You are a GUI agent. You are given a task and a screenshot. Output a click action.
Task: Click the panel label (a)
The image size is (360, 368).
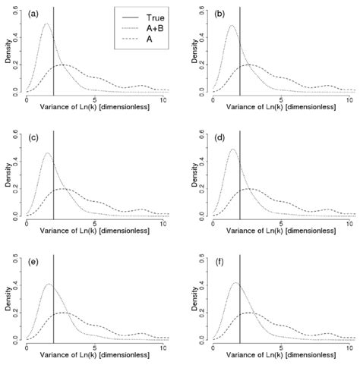point(35,14)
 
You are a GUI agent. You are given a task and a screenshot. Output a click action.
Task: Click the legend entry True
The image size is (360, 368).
point(156,14)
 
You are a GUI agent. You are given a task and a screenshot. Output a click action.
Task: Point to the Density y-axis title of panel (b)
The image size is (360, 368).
point(193,55)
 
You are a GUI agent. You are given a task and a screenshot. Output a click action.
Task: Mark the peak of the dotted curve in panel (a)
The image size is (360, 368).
point(46,24)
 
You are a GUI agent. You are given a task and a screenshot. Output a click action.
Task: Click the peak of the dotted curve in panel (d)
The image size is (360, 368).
point(232,149)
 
